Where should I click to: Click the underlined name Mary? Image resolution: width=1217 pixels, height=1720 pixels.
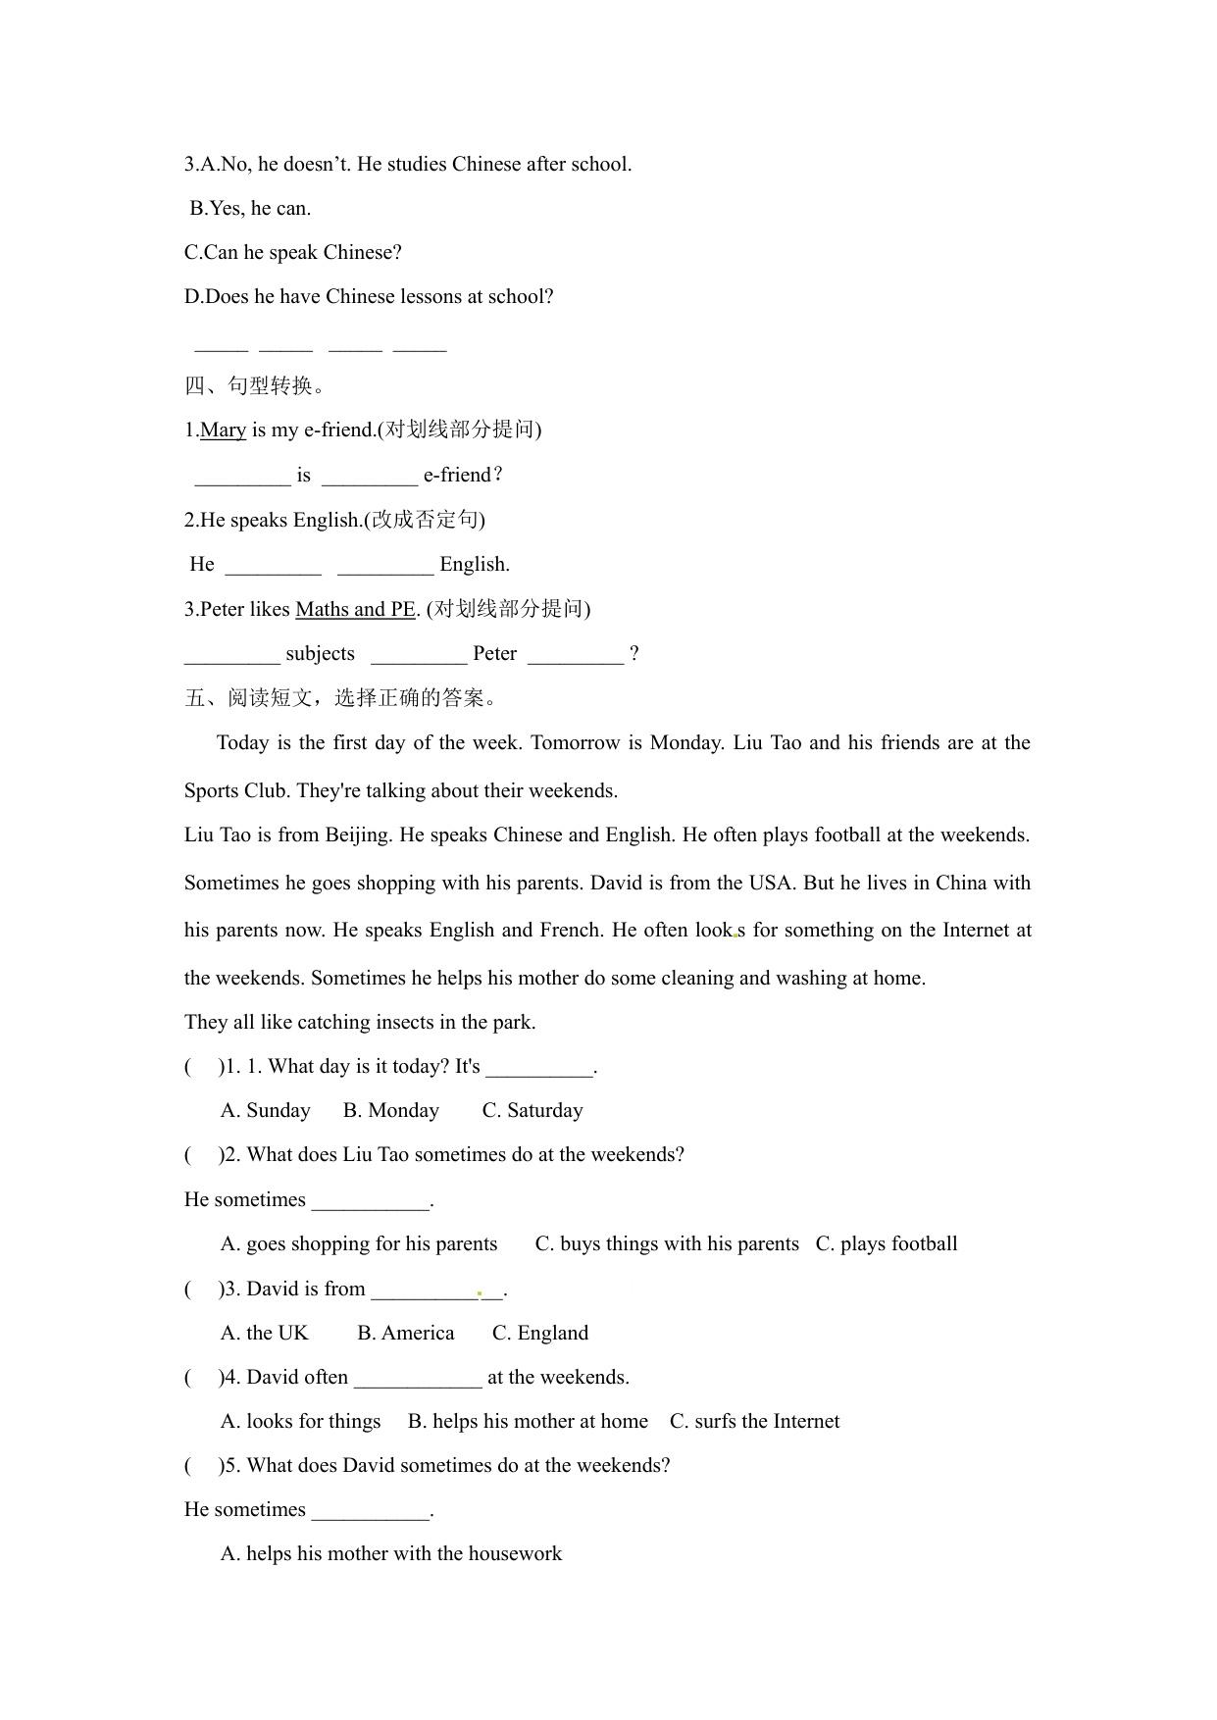pyautogui.click(x=223, y=430)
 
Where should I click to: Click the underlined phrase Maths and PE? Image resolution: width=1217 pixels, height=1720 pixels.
pyautogui.click(x=355, y=609)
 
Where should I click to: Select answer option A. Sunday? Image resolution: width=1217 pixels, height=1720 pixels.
pyautogui.click(x=266, y=1110)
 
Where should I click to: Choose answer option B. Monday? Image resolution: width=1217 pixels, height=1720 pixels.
pyautogui.click(x=391, y=1110)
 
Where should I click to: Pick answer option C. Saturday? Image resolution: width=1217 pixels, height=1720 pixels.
pyautogui.click(x=532, y=1110)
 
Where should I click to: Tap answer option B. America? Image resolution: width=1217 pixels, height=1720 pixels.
pyautogui.click(x=406, y=1333)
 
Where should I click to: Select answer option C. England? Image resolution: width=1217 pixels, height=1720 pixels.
pyautogui.click(x=540, y=1333)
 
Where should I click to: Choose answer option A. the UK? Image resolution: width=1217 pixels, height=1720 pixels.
pyautogui.click(x=265, y=1333)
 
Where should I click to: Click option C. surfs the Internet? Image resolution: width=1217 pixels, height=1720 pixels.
pyautogui.click(x=754, y=1421)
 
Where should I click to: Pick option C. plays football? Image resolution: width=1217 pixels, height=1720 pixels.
pyautogui.click(x=887, y=1243)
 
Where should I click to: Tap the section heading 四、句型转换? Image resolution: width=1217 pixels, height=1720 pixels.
pyautogui.click(x=254, y=385)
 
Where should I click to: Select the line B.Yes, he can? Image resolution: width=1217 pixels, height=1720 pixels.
pyautogui.click(x=250, y=208)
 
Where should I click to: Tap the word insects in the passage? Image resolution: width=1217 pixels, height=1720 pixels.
pyautogui.click(x=401, y=1022)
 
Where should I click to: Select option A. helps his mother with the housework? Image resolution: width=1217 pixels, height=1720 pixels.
pyautogui.click(x=391, y=1553)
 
